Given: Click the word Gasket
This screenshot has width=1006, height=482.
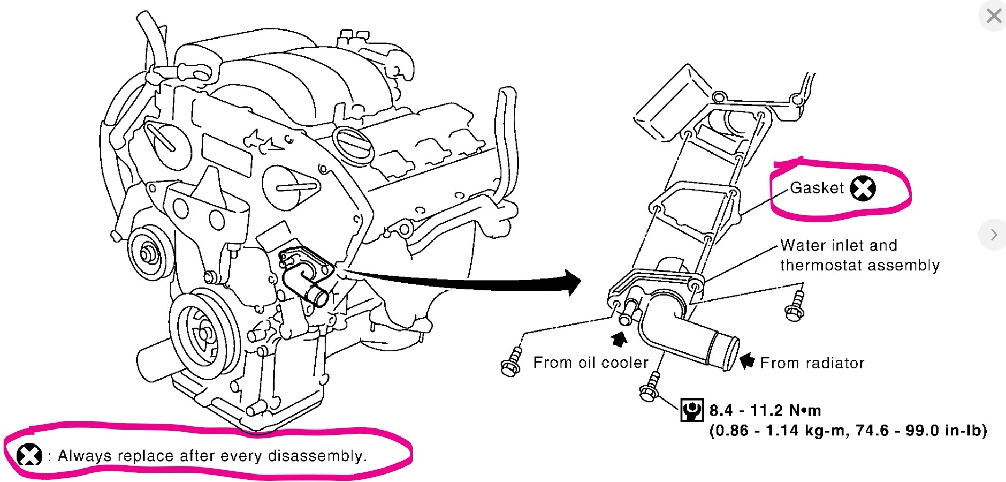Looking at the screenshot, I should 817,188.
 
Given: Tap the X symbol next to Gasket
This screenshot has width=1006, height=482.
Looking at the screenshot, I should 863,188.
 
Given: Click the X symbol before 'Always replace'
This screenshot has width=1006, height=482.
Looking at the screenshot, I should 29,455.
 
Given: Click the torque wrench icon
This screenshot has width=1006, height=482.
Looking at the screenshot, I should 691,410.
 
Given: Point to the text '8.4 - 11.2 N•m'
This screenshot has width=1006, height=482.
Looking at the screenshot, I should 765,411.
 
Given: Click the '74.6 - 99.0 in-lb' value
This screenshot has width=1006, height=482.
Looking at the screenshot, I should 920,431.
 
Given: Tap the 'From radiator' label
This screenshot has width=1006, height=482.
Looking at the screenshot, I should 812,363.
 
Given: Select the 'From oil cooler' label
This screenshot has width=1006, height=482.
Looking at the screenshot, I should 591,363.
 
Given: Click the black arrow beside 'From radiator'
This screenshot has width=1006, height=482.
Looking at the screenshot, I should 747,360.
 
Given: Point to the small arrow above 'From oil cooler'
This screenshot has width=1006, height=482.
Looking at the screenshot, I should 619,339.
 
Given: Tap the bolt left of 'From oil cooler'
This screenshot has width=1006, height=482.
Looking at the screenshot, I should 511,364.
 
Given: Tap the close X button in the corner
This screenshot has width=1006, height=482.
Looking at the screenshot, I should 994,16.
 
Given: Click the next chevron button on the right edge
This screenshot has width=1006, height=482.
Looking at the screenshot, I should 993,235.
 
